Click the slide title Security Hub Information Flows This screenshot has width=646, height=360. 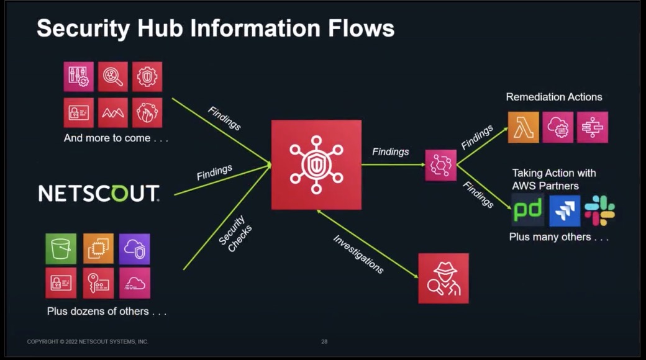[215, 29]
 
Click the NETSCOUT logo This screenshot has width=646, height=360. [99, 194]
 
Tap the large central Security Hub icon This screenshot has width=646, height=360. [316, 164]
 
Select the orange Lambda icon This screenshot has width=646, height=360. [523, 127]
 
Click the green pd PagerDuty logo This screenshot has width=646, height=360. [527, 210]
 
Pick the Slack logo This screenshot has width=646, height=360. [599, 210]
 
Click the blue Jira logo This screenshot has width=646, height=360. [565, 210]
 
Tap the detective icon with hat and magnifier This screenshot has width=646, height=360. [443, 278]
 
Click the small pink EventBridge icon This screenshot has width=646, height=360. [440, 165]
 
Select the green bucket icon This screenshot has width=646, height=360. [61, 249]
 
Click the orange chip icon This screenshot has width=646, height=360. [98, 249]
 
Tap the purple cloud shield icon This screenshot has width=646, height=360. [135, 249]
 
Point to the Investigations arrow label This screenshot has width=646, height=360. [358, 254]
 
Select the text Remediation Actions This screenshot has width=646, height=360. [553, 97]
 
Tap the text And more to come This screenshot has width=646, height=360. [116, 138]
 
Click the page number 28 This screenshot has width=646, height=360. [324, 341]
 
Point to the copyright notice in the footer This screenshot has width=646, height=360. [88, 341]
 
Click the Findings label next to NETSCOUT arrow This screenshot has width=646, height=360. [214, 173]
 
